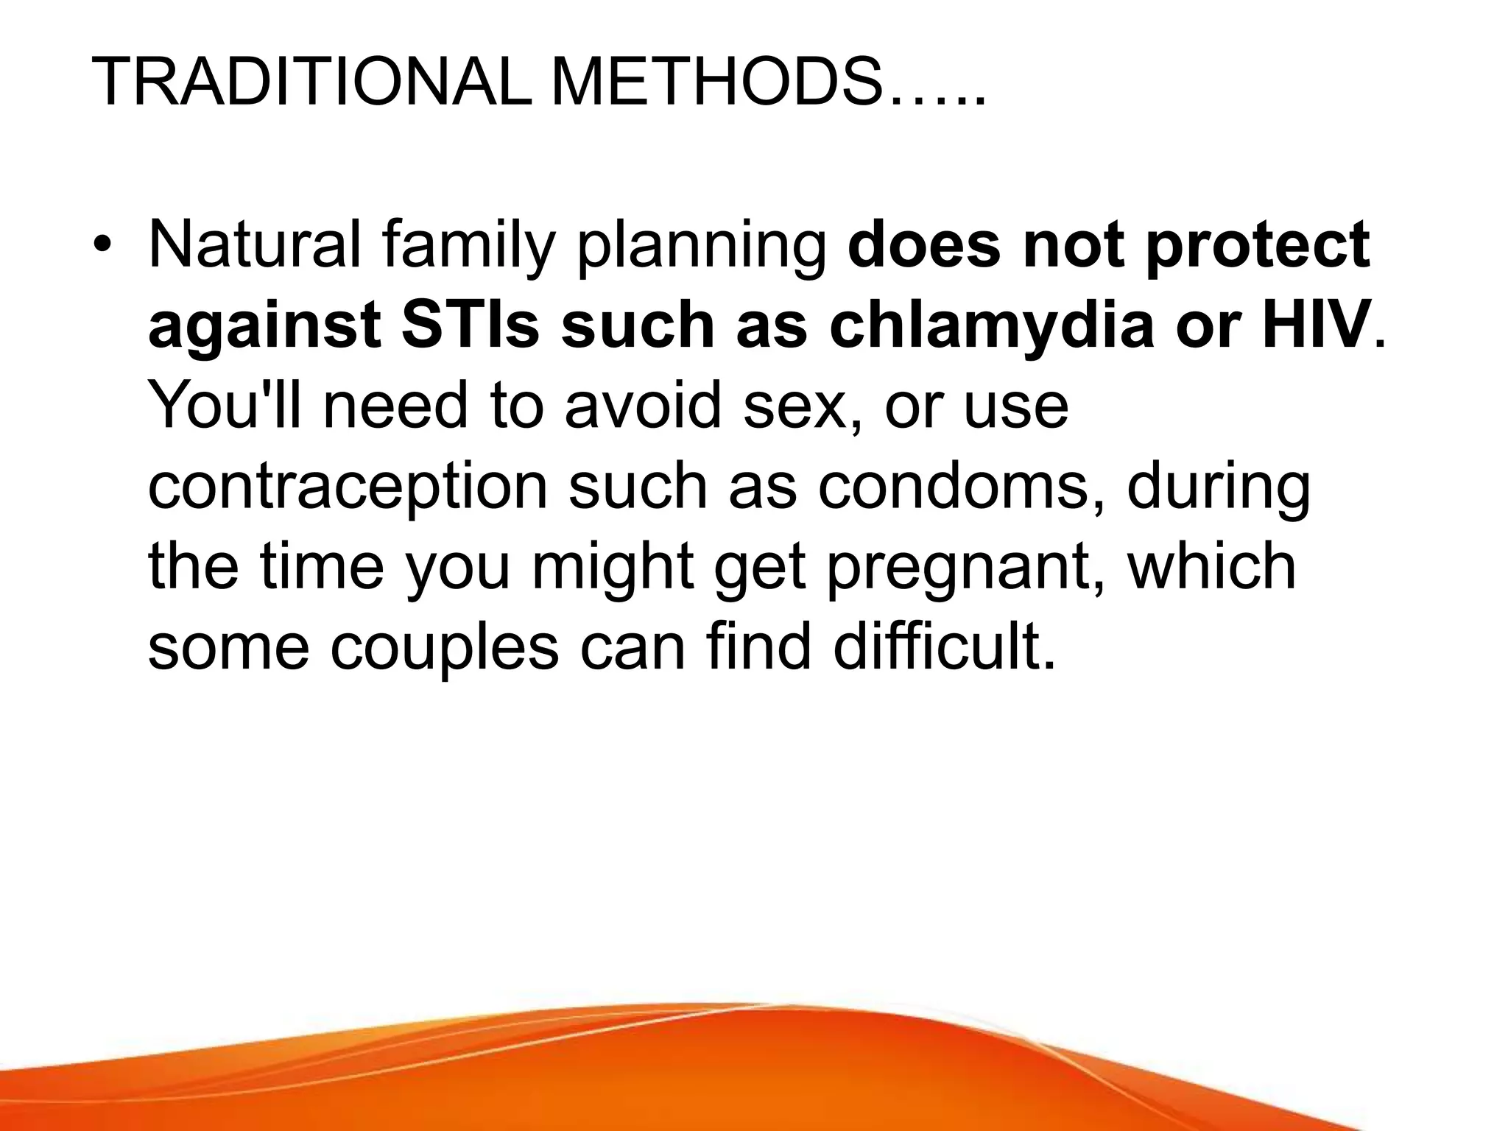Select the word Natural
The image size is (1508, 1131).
[x=255, y=244]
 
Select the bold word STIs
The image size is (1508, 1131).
[x=471, y=325]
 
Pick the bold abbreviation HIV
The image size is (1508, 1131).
[x=1315, y=325]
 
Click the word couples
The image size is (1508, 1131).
[x=444, y=649]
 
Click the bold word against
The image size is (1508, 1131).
[x=264, y=327]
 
